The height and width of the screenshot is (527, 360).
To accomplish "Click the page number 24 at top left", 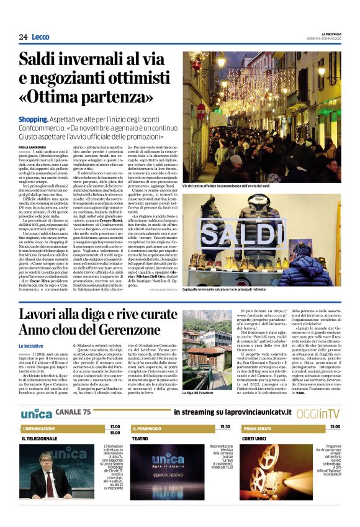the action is click(23, 37).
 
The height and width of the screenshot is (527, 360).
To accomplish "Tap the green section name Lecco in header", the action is click(40, 37).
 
